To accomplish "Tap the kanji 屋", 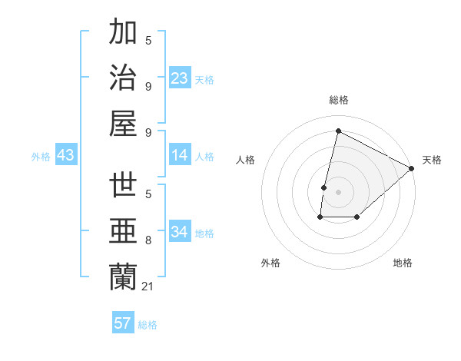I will coord(124,123).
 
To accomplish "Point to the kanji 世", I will coord(124,186).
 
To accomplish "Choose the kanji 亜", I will coord(124,231).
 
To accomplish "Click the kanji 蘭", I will coord(124,277).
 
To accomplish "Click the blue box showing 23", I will coord(180,78).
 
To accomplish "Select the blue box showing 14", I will coord(180,155).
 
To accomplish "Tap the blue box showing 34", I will coord(180,232).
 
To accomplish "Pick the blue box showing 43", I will coord(66,155).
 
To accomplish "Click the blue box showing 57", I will coord(123,323).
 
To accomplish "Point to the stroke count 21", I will coord(148,286).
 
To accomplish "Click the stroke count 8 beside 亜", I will coord(148,241).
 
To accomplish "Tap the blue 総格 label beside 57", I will coord(148,325).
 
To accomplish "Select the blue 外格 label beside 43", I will coord(41,157).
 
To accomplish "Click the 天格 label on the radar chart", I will coord(432,160).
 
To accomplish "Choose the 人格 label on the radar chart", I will coord(245,160).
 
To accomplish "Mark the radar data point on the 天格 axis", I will coord(413,168).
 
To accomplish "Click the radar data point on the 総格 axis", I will coord(338,131).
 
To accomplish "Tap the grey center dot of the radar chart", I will coord(338,192).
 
